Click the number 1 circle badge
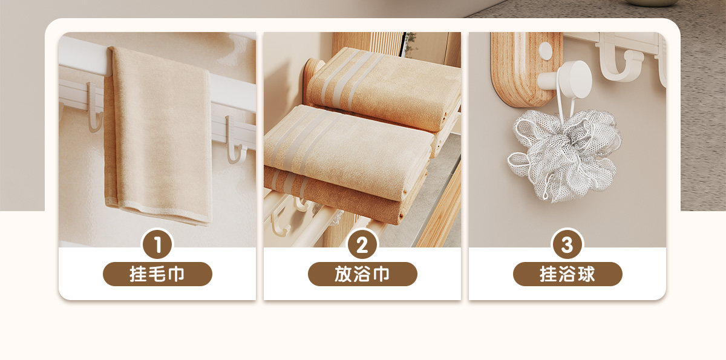(157, 244)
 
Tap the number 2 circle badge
(362, 244)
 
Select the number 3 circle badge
(567, 244)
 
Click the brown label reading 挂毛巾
(157, 274)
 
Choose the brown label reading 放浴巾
(362, 274)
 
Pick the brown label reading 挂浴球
(567, 274)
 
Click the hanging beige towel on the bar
(159, 136)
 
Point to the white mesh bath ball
(564, 155)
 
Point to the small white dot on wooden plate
(546, 51)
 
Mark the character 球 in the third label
(586, 274)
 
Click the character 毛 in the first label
(157, 274)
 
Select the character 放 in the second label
(344, 274)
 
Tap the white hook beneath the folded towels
(280, 220)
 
